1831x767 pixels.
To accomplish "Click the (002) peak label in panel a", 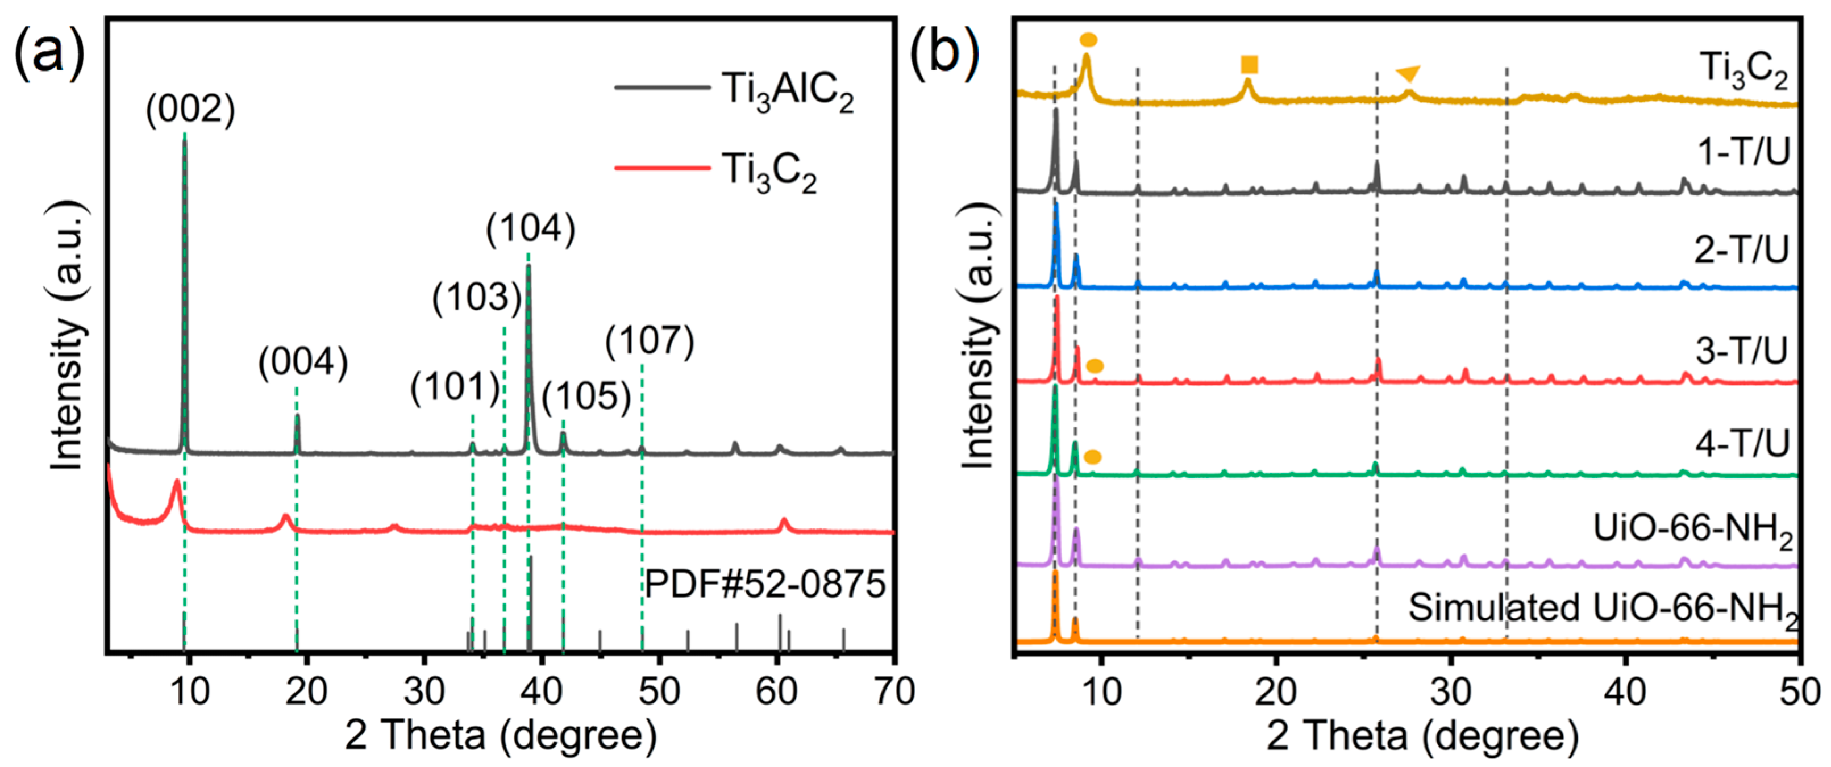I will pyautogui.click(x=190, y=110).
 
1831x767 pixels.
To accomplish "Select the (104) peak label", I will pyautogui.click(x=530, y=229).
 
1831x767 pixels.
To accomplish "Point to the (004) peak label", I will pyautogui.click(x=303, y=362).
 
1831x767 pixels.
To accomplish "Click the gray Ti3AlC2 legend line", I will pyautogui.click(x=661, y=87).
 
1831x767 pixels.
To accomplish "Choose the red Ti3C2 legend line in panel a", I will pyautogui.click(x=661, y=168).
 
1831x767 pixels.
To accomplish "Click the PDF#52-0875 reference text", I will pyautogui.click(x=765, y=584).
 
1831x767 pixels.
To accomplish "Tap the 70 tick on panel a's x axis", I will pyautogui.click(x=893, y=691).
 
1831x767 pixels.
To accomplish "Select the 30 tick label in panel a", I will pyautogui.click(x=425, y=691).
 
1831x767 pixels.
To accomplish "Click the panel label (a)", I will pyautogui.click(x=48, y=51).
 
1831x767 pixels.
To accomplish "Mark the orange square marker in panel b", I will pyautogui.click(x=1249, y=65).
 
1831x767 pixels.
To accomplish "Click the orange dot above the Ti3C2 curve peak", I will pyautogui.click(x=1088, y=40).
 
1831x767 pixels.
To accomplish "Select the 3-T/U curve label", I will pyautogui.click(x=1741, y=351).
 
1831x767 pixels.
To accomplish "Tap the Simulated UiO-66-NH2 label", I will pyautogui.click(x=1603, y=609).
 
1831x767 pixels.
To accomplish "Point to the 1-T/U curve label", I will pyautogui.click(x=1743, y=151).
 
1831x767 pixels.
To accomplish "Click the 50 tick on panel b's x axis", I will pyautogui.click(x=1799, y=691).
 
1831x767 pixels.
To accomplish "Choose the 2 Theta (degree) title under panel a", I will pyautogui.click(x=501, y=736).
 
